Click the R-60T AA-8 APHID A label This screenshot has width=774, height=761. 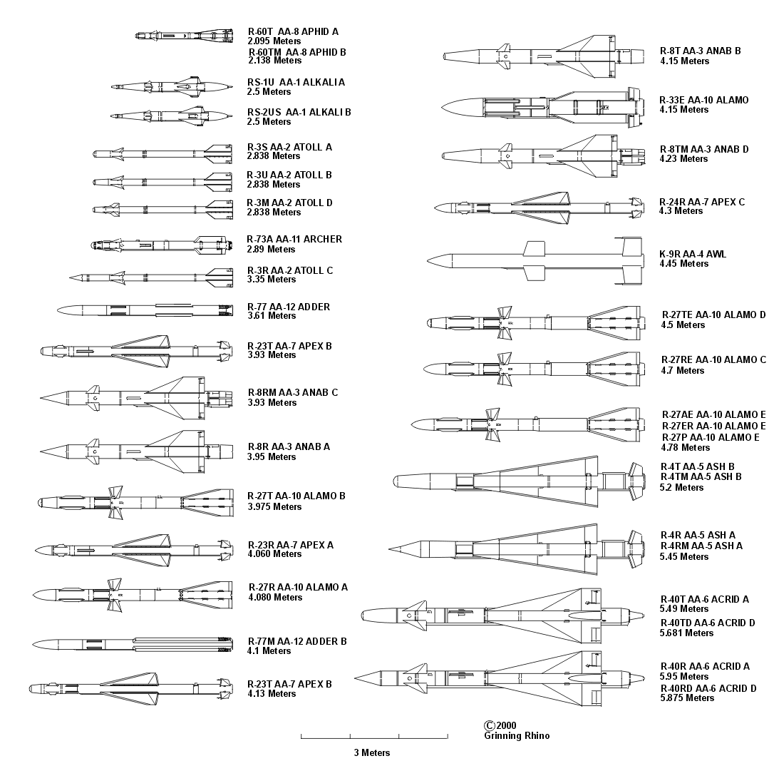[293, 32]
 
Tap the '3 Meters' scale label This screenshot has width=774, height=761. [372, 752]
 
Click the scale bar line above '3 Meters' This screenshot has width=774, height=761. [374, 736]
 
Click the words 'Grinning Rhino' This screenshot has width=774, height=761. [517, 736]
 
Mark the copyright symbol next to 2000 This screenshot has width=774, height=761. [489, 725]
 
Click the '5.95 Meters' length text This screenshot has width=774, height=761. [684, 677]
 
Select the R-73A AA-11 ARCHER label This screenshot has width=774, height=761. [294, 239]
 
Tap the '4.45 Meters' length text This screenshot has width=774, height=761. [684, 264]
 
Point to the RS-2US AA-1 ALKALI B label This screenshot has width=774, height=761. [299, 112]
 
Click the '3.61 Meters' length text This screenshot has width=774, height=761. [272, 316]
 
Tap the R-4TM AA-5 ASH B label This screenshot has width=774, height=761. [701, 476]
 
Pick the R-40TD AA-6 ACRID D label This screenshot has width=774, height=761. [708, 623]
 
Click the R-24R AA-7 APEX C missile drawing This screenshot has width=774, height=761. [538, 208]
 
